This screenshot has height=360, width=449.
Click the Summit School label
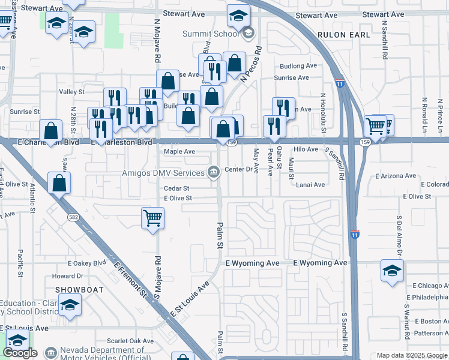click(x=211, y=34)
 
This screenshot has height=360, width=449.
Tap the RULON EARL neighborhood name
click(x=344, y=35)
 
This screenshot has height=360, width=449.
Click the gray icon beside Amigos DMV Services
click(x=213, y=173)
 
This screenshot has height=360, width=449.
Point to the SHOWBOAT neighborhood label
click(x=80, y=289)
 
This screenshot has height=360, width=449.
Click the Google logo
click(x=20, y=353)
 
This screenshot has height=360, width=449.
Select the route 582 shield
click(x=73, y=217)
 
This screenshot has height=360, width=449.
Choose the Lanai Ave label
click(x=310, y=185)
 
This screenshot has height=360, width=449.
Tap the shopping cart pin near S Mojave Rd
click(x=152, y=218)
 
